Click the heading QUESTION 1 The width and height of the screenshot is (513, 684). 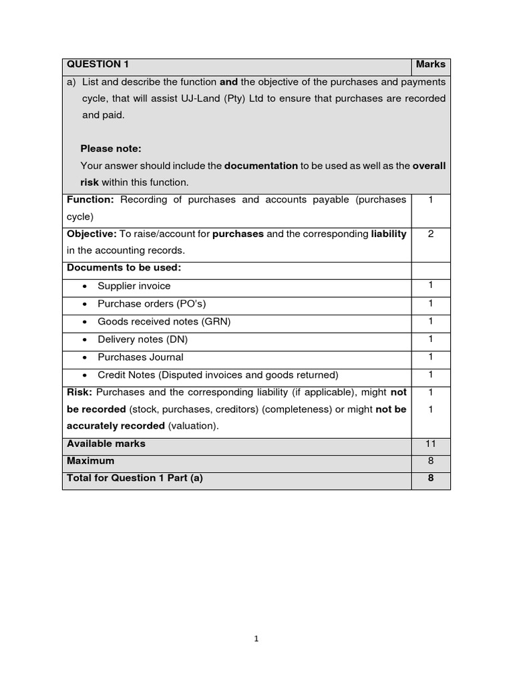pyautogui.click(x=98, y=65)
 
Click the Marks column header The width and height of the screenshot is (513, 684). pyautogui.click(x=430, y=65)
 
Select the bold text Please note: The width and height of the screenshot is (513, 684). pyautogui.click(x=111, y=149)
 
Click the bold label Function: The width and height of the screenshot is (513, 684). pyautogui.click(x=90, y=200)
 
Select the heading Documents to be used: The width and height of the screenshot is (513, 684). pyautogui.click(x=124, y=268)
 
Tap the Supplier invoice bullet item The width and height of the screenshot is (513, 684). pyautogui.click(x=134, y=286)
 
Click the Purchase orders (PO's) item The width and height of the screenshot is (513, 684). pyautogui.click(x=152, y=304)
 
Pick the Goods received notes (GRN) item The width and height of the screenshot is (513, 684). pyautogui.click(x=164, y=321)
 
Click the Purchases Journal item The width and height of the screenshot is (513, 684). pyautogui.click(x=140, y=357)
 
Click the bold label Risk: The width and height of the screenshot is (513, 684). pyautogui.click(x=79, y=392)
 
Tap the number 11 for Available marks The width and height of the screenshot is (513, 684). pyautogui.click(x=431, y=444)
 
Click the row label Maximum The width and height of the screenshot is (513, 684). pyautogui.click(x=90, y=461)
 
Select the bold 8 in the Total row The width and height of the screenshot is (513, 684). pyautogui.click(x=431, y=478)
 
